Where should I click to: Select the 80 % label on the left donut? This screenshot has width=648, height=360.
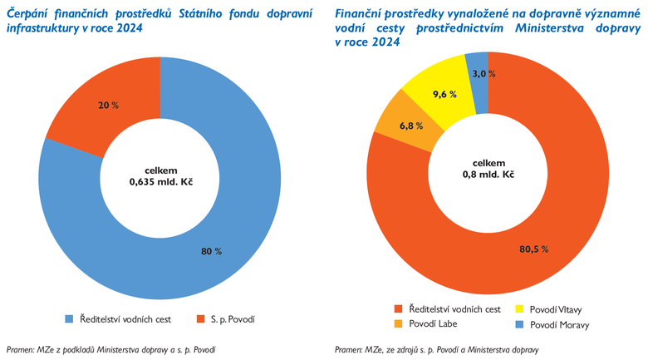211,251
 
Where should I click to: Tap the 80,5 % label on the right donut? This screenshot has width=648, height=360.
535,249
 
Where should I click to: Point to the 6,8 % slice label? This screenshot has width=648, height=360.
411,126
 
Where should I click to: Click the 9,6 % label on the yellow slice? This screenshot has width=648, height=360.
445,94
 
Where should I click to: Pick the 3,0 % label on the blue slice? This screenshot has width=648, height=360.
484,74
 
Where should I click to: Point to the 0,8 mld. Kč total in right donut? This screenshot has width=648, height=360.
488,175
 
